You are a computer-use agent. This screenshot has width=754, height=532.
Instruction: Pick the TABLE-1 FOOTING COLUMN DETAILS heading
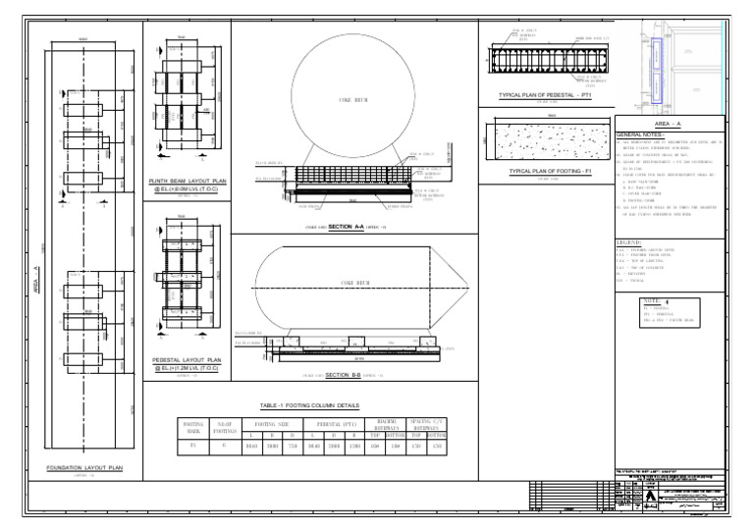(310, 404)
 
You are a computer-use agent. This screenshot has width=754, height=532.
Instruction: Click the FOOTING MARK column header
(191, 428)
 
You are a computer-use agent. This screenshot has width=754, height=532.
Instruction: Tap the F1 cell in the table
(191, 447)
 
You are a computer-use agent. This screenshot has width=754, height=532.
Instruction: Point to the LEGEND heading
(629, 240)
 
